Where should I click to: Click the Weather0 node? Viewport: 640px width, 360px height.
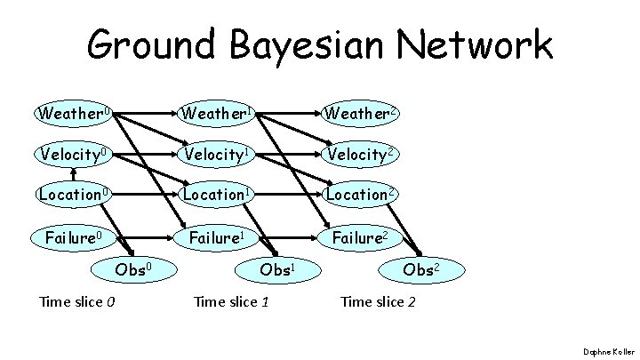click(x=73, y=115)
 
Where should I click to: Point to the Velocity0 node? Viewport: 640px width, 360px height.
click(x=74, y=155)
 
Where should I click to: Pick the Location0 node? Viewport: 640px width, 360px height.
click(x=74, y=194)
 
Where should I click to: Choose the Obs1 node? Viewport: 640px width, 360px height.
click(x=278, y=268)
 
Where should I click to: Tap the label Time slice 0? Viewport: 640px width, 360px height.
click(x=77, y=302)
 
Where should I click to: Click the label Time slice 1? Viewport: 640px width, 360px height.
click(x=231, y=302)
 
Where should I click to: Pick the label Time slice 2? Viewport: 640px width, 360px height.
click(x=378, y=302)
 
